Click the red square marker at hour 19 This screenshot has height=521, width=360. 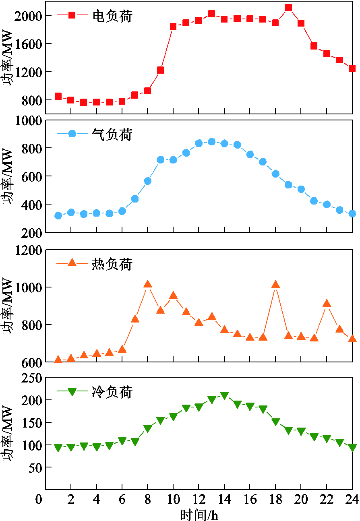coord(288,8)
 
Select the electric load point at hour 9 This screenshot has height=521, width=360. coord(160,70)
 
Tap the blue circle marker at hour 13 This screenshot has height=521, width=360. coord(211,142)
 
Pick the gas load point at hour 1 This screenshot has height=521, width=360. coord(58,215)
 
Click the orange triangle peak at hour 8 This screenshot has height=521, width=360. coord(148,285)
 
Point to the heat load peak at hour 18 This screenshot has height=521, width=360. coord(275,285)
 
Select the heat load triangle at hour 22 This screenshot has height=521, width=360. coord(327,304)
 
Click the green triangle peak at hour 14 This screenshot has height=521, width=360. coord(224,395)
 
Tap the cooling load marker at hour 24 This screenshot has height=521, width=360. coord(352,448)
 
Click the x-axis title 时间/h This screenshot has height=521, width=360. coord(199,514)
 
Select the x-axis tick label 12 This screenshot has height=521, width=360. coord(199,500)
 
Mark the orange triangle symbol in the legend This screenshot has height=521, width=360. coord(72,263)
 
